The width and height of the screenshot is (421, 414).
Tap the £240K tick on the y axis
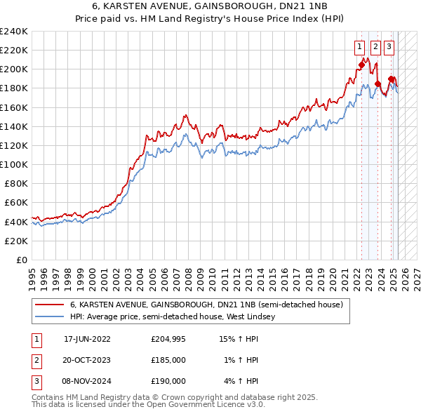pyautogui.click(x=13, y=32)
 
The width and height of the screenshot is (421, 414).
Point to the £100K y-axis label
pyautogui.click(x=13, y=164)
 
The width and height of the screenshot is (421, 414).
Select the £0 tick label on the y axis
pyautogui.click(x=22, y=260)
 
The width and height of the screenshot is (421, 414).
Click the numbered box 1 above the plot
pyautogui.click(x=359, y=48)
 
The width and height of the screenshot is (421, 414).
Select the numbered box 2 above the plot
pyautogui.click(x=375, y=48)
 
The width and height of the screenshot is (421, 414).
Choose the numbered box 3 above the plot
pyautogui.click(x=389, y=48)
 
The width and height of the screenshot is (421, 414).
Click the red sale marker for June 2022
pyautogui.click(x=362, y=65)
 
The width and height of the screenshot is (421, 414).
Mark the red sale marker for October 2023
pyautogui.click(x=378, y=84)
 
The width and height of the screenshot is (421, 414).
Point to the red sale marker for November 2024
pyautogui.click(x=391, y=79)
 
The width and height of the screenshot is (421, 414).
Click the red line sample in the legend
pyautogui.click(x=49, y=305)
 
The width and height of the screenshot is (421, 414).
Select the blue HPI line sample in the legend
pyautogui.click(x=49, y=317)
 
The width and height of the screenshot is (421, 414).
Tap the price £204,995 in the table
pyautogui.click(x=168, y=339)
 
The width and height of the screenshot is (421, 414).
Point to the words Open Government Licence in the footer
pyautogui.click(x=196, y=405)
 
